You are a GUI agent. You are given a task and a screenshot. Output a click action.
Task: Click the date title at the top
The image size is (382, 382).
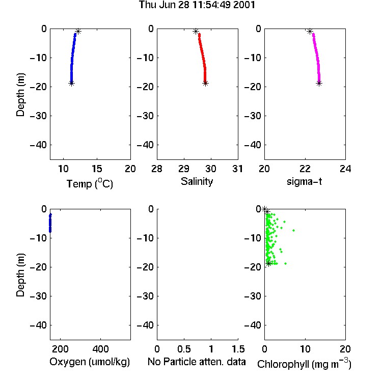click(x=197, y=5)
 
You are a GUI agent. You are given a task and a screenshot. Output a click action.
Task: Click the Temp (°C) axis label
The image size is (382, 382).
click(x=90, y=183)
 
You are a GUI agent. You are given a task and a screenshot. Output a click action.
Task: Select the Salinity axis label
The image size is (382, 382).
click(x=197, y=181)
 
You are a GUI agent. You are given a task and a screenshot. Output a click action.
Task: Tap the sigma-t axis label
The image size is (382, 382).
click(x=304, y=181)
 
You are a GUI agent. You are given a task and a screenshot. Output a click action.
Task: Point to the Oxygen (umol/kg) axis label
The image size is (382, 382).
click(x=90, y=362)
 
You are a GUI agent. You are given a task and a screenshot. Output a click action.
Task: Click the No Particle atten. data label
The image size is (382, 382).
click(x=197, y=362)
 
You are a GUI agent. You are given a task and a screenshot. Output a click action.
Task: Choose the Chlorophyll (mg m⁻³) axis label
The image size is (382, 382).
click(x=304, y=364)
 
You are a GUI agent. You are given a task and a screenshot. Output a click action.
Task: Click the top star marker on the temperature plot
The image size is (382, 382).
click(x=78, y=31)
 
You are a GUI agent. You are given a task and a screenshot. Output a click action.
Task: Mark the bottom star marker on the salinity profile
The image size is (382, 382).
click(x=205, y=84)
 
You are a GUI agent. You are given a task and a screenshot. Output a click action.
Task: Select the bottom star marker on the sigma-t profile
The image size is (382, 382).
click(x=319, y=84)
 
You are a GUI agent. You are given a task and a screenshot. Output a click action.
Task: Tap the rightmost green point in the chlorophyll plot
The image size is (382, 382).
click(x=293, y=230)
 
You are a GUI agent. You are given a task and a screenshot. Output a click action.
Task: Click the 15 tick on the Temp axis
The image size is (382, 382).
click(x=97, y=169)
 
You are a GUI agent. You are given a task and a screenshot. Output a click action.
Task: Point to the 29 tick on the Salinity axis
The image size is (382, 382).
click(x=184, y=169)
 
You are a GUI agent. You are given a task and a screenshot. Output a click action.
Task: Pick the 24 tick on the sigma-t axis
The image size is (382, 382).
click(x=345, y=169)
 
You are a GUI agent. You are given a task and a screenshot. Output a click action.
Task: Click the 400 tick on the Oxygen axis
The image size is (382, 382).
click(x=101, y=349)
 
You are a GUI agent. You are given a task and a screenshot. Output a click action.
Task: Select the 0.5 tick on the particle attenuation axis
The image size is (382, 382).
click(x=184, y=349)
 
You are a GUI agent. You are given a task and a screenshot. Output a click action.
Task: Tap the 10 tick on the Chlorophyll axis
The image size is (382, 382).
click(x=305, y=349)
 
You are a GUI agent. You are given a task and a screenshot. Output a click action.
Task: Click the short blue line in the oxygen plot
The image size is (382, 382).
click(x=50, y=223)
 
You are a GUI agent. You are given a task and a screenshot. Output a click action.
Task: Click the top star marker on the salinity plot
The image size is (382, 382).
click(x=196, y=31)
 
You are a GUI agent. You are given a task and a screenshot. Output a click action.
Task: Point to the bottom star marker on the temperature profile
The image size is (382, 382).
click(x=71, y=84)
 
